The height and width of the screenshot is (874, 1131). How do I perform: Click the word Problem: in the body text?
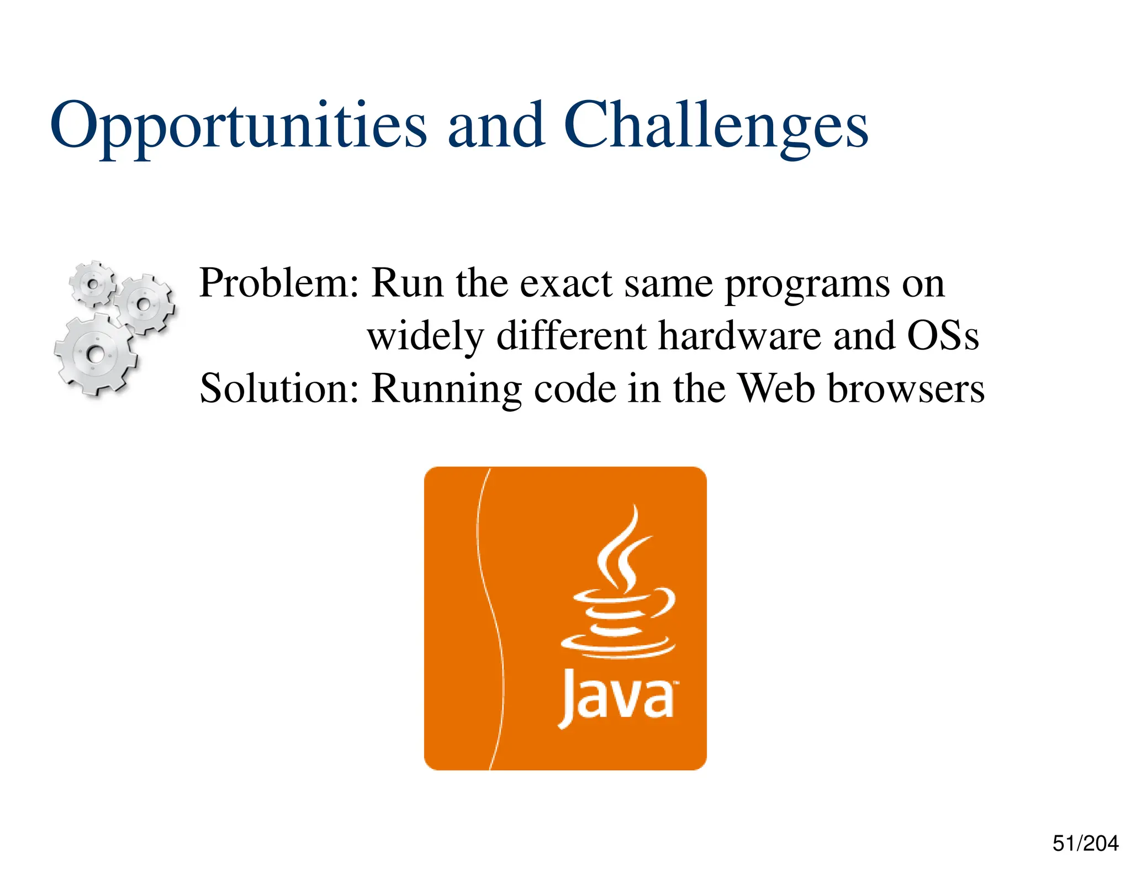[x=279, y=283]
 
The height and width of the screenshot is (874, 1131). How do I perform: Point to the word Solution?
[x=279, y=388]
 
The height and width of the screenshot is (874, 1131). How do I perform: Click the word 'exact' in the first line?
[x=565, y=283]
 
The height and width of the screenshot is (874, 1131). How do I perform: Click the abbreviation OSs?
[x=943, y=335]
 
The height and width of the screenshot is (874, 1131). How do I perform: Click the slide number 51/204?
[x=1085, y=844]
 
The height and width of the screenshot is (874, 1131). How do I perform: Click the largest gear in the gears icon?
[x=96, y=354]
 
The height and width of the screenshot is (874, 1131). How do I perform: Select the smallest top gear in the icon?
[x=93, y=284]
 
